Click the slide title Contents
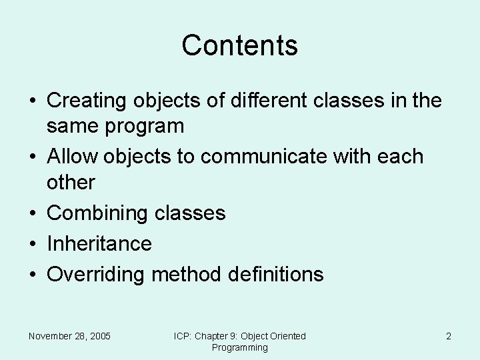click(x=239, y=45)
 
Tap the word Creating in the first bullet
click(x=89, y=101)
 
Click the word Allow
click(x=73, y=157)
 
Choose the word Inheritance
click(x=99, y=243)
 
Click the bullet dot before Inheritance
click(x=32, y=244)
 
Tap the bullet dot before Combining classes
click(x=32, y=213)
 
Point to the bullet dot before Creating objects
click(x=32, y=101)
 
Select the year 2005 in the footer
click(x=100, y=336)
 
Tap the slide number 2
click(x=449, y=336)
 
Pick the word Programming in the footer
click(x=239, y=347)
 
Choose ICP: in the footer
click(x=183, y=336)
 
